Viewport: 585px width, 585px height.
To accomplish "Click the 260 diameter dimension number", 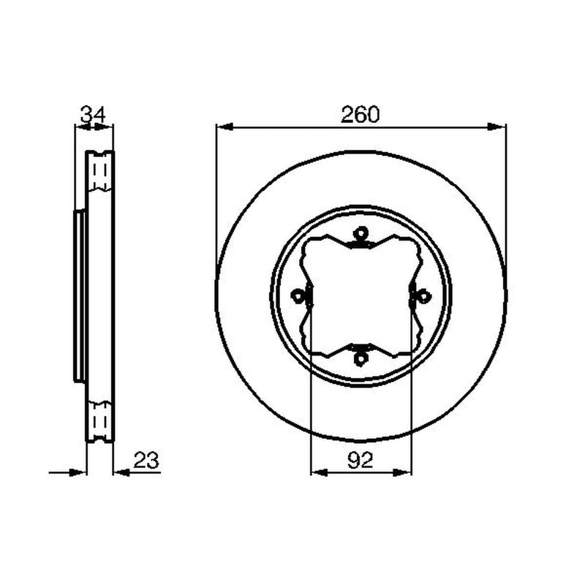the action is pyautogui.click(x=360, y=114).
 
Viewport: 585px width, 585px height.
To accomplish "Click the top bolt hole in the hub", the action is pyautogui.click(x=361, y=234).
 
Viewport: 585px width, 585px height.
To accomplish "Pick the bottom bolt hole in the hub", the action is pyautogui.click(x=361, y=358).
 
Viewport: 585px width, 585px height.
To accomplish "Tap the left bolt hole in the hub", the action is pyautogui.click(x=298, y=297).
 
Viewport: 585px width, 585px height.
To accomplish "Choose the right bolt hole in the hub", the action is pyautogui.click(x=424, y=297).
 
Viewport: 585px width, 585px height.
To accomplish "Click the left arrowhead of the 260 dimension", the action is pyautogui.click(x=225, y=127).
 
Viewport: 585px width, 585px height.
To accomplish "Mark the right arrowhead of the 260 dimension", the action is pyautogui.click(x=497, y=127).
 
